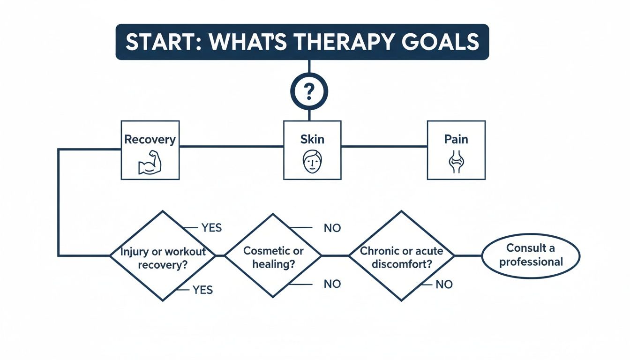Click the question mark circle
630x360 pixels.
click(309, 91)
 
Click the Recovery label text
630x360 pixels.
click(150, 139)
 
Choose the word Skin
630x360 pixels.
click(312, 139)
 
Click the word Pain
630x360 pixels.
click(456, 139)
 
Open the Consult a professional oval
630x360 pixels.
click(531, 255)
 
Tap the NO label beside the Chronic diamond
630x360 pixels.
click(444, 285)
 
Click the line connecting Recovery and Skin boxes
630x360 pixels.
click(232, 146)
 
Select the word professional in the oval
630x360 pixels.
click(531, 262)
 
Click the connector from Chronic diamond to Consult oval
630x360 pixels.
click(468, 256)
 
